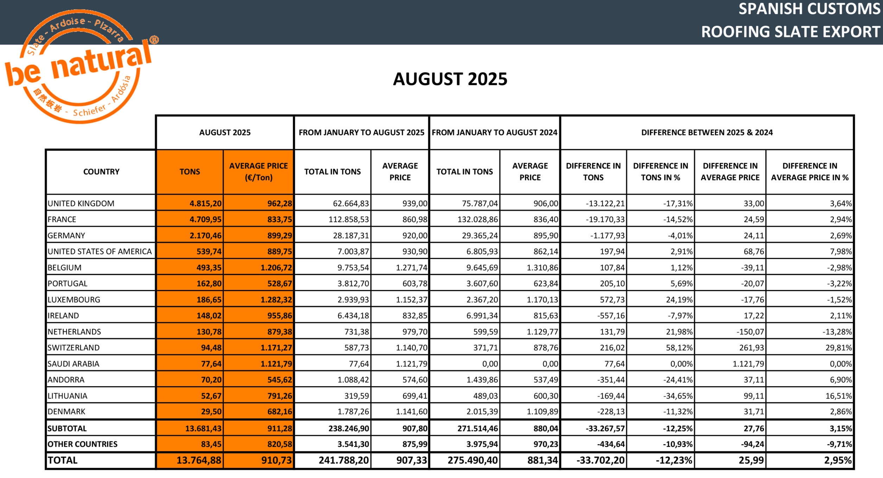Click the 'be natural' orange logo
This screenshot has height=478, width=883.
click(x=79, y=67)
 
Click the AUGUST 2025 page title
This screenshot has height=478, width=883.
click(x=450, y=79)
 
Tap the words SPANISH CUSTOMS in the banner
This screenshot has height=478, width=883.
click(x=809, y=9)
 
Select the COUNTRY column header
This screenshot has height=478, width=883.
click(x=101, y=172)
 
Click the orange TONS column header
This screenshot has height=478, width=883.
click(x=190, y=172)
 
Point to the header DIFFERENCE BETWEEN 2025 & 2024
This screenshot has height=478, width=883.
click(x=707, y=133)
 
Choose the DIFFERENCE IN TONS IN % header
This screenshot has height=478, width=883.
click(x=660, y=172)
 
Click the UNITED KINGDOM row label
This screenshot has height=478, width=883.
click(x=81, y=204)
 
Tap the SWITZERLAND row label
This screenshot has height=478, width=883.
click(x=74, y=348)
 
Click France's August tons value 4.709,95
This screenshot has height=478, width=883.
click(x=205, y=220)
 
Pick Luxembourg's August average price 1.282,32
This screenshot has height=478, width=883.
click(x=276, y=300)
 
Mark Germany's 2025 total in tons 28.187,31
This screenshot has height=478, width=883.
click(x=351, y=235)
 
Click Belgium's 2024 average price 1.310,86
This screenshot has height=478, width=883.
click(x=542, y=268)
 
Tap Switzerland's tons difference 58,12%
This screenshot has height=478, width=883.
click(x=681, y=348)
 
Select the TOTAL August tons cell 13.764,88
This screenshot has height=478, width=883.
click(x=199, y=460)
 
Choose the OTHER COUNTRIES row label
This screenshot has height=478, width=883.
click(x=82, y=444)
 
